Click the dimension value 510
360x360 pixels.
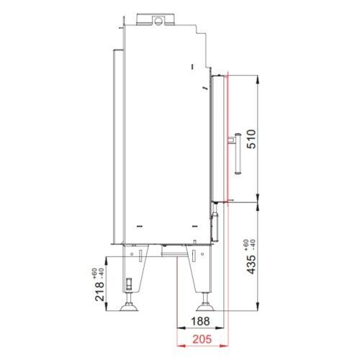click(x=251, y=139)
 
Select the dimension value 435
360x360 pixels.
click(x=251, y=265)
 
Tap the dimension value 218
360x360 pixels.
click(x=100, y=292)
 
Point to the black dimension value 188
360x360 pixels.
click(x=200, y=321)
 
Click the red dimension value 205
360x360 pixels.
click(x=202, y=339)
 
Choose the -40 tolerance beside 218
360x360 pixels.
click(x=101, y=274)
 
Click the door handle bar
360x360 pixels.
click(x=238, y=153)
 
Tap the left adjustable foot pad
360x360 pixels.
click(x=129, y=307)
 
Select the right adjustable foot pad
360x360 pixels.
click(x=205, y=307)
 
